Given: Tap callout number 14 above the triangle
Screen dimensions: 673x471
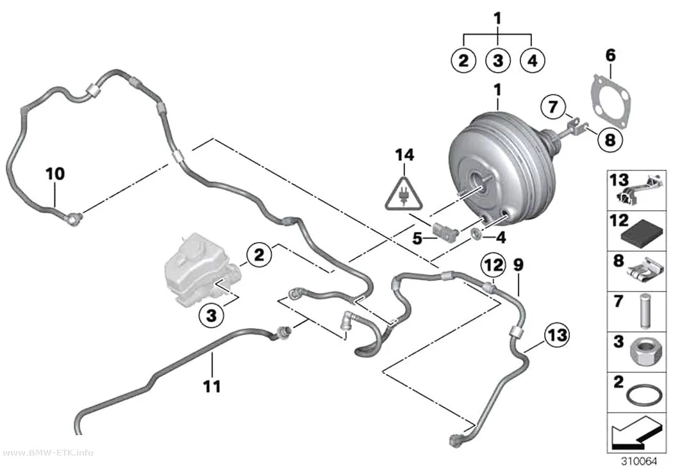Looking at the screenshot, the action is coord(404,155).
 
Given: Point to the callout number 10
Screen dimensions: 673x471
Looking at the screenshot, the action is coord(55,174).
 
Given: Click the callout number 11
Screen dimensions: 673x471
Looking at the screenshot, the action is coord(212,386).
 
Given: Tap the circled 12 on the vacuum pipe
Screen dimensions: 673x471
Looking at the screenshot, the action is coord(493,265).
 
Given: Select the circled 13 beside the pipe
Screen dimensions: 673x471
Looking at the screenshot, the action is coord(557,335).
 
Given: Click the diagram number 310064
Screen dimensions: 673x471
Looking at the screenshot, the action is coord(640,461).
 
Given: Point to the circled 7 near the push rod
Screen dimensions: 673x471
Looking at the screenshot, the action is coord(553,106).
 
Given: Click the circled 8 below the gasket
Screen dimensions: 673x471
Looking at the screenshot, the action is coord(610,140).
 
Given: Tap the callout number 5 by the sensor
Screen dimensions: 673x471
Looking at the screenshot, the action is coord(417,238).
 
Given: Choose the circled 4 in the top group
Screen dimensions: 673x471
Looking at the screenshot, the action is coord(532,60).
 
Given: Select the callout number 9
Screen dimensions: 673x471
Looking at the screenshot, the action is coord(519,265).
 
